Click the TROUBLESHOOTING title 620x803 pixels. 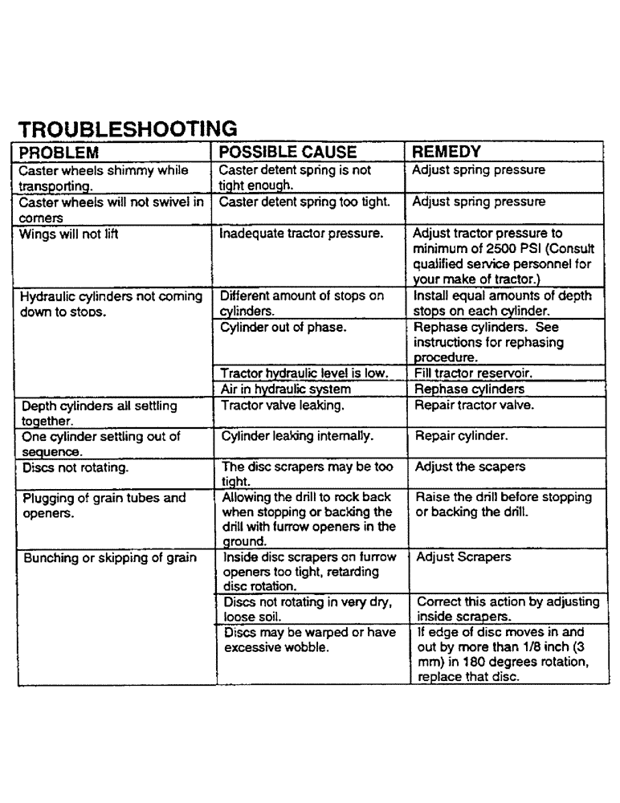pyautogui.click(x=127, y=129)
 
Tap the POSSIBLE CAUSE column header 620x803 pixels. pyautogui.click(x=288, y=152)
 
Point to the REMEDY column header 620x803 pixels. pyautogui.click(x=447, y=152)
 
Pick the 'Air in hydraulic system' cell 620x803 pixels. pyautogui.click(x=285, y=389)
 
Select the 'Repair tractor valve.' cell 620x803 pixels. pyautogui.click(x=474, y=406)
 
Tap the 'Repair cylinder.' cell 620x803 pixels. pyautogui.click(x=459, y=438)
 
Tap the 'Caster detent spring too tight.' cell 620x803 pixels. pyautogui.click(x=305, y=202)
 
